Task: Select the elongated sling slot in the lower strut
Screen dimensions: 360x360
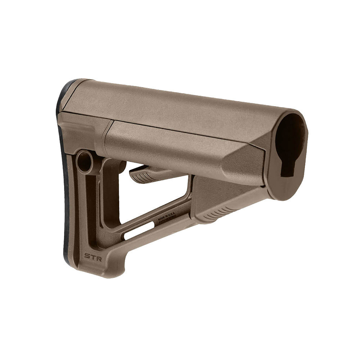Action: coord(140,231)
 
